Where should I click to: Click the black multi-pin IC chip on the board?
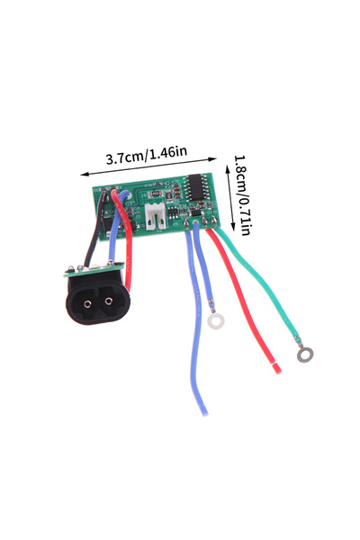(x=195, y=187)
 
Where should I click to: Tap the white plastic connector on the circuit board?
(x=156, y=216)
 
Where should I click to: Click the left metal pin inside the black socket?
(x=88, y=303)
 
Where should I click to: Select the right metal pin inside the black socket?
(x=109, y=301)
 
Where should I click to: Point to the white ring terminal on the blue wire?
(x=216, y=321)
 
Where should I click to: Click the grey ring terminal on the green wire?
(x=305, y=355)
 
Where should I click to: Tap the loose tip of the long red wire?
(x=276, y=369)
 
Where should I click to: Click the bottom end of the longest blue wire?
(x=204, y=412)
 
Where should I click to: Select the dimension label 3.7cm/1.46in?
(x=147, y=156)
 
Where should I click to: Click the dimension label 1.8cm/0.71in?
(x=242, y=195)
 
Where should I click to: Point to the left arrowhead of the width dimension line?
(x=84, y=175)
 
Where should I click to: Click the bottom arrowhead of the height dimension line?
(x=233, y=228)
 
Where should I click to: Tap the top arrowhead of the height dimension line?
(x=228, y=169)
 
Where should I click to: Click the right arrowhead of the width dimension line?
(x=213, y=158)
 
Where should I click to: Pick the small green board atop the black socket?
(x=94, y=269)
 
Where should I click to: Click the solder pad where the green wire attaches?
(x=213, y=220)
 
